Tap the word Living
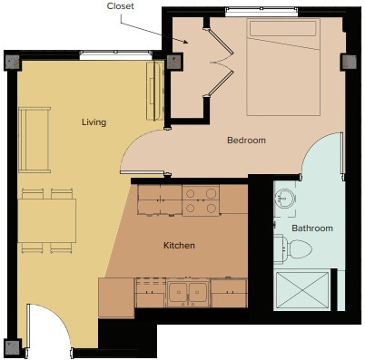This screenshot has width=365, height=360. click(94, 122)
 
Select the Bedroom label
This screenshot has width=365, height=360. click(246, 141)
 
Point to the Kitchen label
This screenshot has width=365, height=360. click(179, 246)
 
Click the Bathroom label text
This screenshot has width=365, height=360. click(311, 229)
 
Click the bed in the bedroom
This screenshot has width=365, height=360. click(284, 73)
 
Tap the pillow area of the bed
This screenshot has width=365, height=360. click(284, 28)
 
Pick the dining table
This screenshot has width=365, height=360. click(47, 221)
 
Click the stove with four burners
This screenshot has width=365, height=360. click(201, 200)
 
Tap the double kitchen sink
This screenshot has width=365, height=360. click(188, 293)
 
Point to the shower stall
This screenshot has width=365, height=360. click(303, 290)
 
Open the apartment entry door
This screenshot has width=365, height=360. click(45, 326)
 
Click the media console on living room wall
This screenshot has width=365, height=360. click(153, 91)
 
